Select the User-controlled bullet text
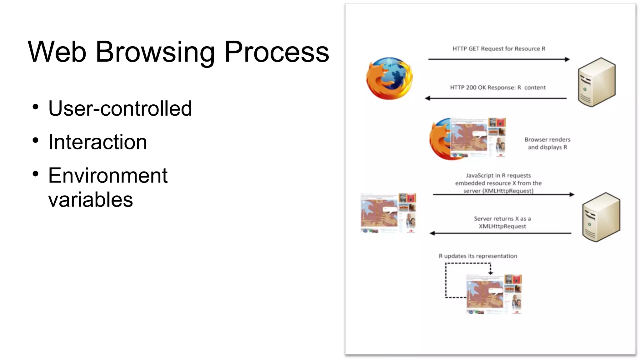tap(120, 108)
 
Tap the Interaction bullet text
tap(97, 142)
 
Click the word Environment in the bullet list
tap(108, 175)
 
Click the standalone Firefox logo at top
tap(389, 78)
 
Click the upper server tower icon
tap(596, 82)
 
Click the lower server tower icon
tap(601, 217)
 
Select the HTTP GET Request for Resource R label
tap(499, 49)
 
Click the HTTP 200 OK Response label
tap(497, 87)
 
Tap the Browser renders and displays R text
tap(547, 143)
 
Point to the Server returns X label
tap(502, 222)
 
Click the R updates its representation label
tap(478, 256)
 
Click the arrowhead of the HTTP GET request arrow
tap(567, 59)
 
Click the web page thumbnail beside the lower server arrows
tap(388, 213)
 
